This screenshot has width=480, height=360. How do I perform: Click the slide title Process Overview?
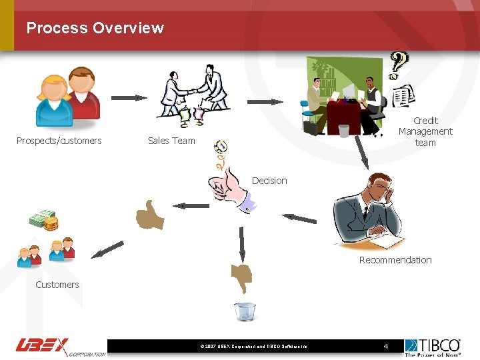click(x=95, y=28)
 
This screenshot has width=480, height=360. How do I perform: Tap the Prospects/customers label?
click(x=59, y=141)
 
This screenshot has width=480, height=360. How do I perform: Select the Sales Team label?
click(x=171, y=141)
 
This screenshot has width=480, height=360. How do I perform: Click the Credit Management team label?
click(x=425, y=131)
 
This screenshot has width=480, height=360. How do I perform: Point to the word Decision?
click(x=269, y=181)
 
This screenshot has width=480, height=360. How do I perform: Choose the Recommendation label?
click(x=395, y=260)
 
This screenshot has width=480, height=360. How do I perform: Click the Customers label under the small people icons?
click(x=57, y=285)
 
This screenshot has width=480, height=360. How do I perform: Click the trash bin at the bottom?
click(x=245, y=311)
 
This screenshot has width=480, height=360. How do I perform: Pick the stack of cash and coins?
click(x=44, y=221)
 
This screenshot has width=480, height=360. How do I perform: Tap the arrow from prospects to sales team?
click(x=129, y=98)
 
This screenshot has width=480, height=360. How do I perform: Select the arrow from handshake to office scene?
click(x=265, y=102)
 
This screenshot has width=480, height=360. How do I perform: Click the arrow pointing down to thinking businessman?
click(x=362, y=153)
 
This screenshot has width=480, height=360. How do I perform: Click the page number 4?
click(x=385, y=346)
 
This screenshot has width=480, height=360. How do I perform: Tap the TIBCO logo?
click(x=433, y=347)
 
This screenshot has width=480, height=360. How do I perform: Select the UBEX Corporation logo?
click(x=60, y=347)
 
